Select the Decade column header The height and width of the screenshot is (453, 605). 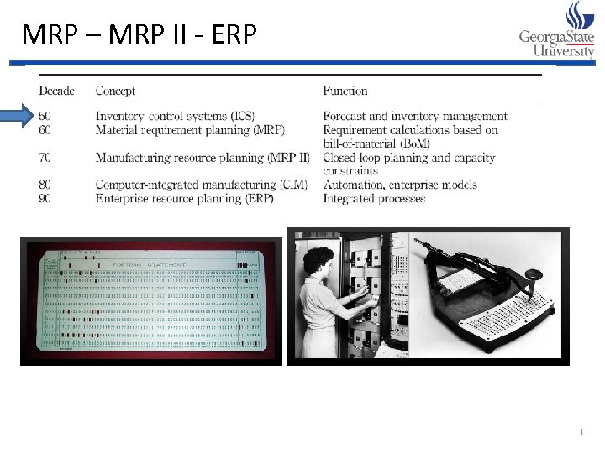pos(57,91)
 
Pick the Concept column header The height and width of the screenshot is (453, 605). pos(115,91)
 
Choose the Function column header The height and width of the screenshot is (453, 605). pos(345,91)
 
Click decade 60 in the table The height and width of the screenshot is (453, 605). pos(45,130)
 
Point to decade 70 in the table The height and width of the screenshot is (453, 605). pos(45,158)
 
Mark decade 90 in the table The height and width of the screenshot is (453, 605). pos(45,199)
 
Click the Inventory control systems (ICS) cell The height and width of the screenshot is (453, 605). pos(175,116)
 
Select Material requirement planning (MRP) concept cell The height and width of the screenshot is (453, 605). pos(190,130)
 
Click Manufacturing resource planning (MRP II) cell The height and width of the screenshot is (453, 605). pos(203,158)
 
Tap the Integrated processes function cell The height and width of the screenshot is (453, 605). pos(374,199)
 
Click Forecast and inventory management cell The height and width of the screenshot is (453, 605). pos(415,116)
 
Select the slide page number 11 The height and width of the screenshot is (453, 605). pos(585,432)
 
